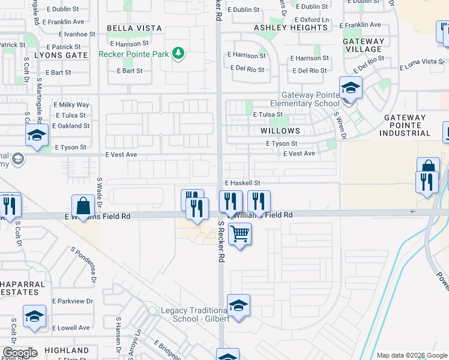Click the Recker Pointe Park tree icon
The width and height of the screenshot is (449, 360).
coord(178,54)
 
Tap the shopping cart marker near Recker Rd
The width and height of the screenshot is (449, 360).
coord(240,233)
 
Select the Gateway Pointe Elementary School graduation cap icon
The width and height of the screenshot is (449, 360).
coord(351,88)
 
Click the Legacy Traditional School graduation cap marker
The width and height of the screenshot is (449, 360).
coord(238,305)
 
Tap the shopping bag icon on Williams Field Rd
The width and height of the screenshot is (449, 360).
coord(83,206)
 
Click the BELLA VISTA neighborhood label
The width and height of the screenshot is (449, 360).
coord(134,28)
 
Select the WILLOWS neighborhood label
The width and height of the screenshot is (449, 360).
coord(280,131)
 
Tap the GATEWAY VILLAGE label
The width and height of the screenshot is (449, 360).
coord(364,45)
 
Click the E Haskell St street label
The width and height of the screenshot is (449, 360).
coord(243,183)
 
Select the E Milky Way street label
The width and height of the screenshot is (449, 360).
coord(71,105)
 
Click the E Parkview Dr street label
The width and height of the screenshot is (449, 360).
coord(73,301)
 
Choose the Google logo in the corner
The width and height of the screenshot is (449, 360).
coord(19,353)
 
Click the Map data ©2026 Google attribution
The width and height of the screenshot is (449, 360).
coord(412,355)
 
